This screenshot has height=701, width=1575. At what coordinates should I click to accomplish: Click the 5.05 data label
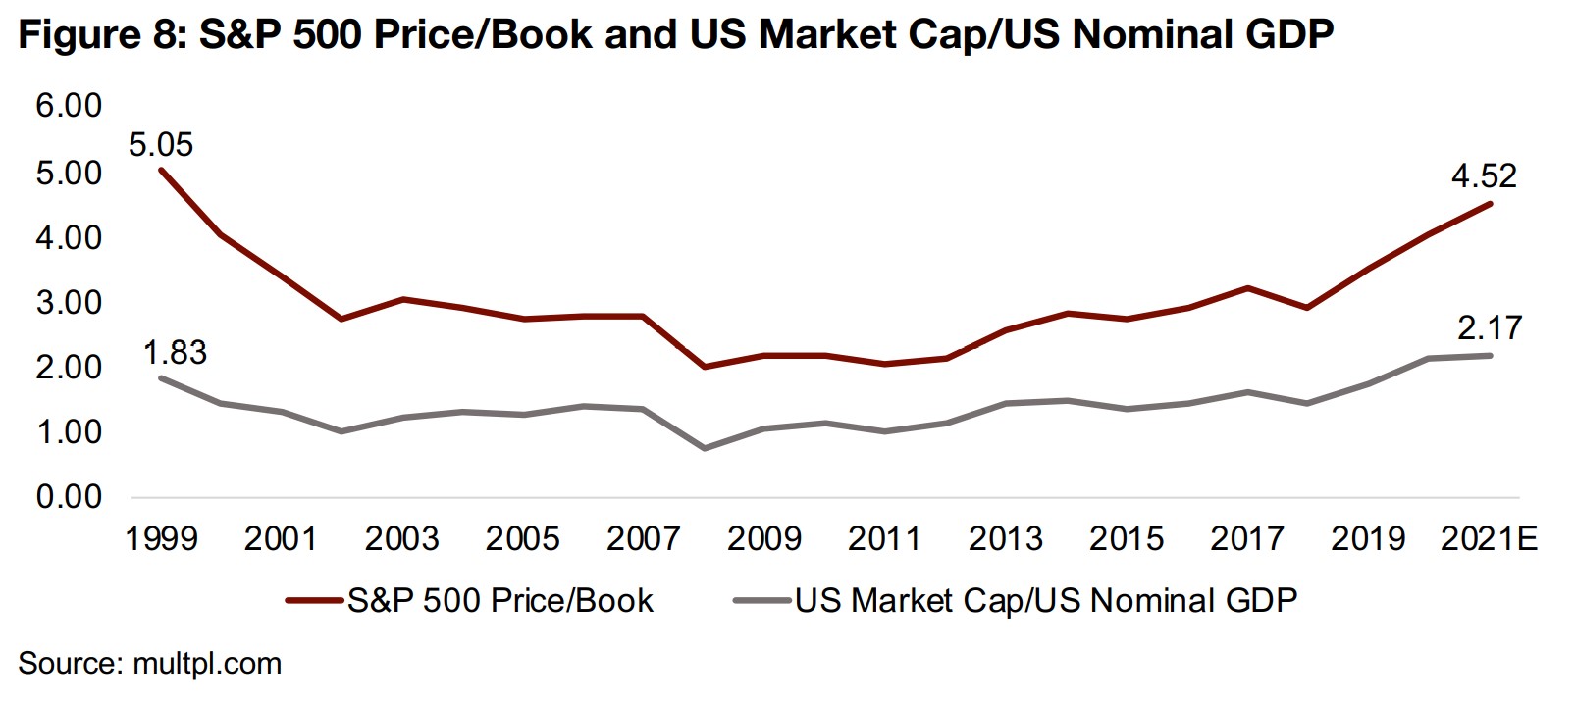click(x=161, y=145)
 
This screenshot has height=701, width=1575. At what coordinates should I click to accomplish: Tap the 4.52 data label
click(x=1484, y=175)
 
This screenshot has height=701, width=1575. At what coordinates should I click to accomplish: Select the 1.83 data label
click(x=175, y=352)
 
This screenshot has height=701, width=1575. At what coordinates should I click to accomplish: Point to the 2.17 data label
click(x=1489, y=327)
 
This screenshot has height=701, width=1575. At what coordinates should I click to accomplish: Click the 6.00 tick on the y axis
click(x=69, y=106)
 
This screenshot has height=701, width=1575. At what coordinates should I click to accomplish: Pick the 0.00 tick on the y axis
click(x=69, y=497)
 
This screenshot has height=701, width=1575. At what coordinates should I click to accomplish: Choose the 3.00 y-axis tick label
click(x=69, y=302)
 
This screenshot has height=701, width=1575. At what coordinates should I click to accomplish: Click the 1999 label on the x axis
click(x=161, y=538)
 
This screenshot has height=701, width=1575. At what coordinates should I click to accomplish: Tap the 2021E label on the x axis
click(x=1489, y=538)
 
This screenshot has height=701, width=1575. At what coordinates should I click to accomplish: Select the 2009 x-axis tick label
click(x=764, y=538)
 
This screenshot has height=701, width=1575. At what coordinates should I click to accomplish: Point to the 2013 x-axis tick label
click(x=1006, y=538)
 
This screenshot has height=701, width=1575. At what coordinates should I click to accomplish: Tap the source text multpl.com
click(x=207, y=664)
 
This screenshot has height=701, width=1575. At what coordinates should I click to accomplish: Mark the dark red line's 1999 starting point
click(x=161, y=170)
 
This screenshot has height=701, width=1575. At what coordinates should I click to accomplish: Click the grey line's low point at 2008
click(x=705, y=448)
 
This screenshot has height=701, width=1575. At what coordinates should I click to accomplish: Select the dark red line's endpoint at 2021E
click(x=1490, y=204)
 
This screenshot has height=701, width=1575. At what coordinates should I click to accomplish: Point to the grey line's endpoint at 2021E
click(x=1490, y=355)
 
